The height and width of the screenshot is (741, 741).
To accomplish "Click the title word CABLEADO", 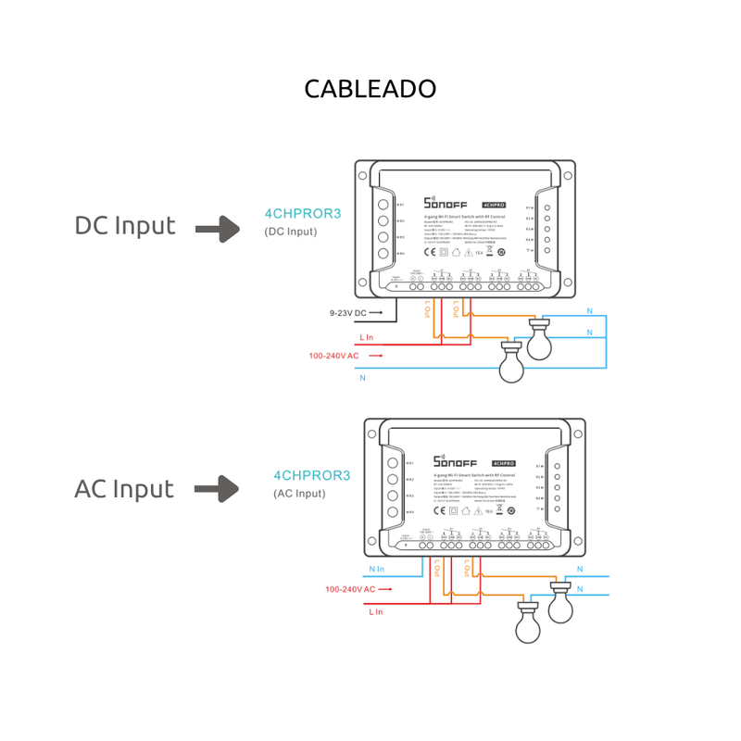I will coord(370,89).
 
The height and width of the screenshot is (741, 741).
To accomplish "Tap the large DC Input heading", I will coord(125,226).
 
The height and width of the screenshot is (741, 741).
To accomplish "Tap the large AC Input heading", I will coord(124,489).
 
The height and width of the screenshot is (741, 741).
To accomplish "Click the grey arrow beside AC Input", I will coord(219,489).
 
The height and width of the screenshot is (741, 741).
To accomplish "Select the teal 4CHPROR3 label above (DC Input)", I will coord(303,213).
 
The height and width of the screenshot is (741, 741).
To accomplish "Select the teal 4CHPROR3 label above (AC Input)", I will coord(312,476).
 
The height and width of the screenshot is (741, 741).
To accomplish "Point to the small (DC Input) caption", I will coord(291,232).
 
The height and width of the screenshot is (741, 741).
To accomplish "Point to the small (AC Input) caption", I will coord(299,495).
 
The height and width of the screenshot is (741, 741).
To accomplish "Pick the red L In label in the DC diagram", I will coord(367,337).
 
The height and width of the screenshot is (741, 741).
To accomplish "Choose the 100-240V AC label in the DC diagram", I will coord(334,356).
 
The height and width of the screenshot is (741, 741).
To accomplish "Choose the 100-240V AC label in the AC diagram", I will coord(350,589).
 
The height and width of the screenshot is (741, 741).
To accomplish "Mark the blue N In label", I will coord(376,569).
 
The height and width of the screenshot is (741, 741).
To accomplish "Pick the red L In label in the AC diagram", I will coord(375,611).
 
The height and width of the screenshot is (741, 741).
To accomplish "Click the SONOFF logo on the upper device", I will coord(448,203).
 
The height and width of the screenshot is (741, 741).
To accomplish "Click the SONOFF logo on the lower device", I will coord(457,462).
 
